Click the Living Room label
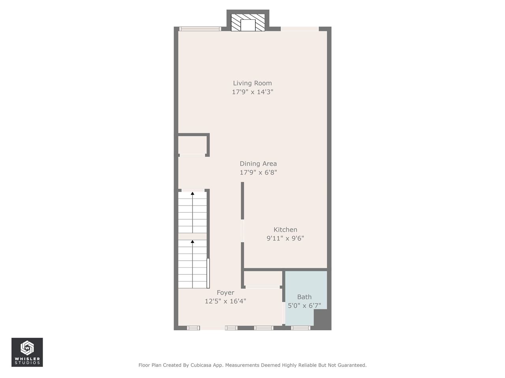tap(252, 83)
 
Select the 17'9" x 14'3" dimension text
tap(252, 92)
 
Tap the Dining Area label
tap(258, 163)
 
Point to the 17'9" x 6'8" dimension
tap(258, 172)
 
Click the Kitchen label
tap(285, 230)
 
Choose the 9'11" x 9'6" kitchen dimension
tap(285, 238)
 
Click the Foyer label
tap(225, 293)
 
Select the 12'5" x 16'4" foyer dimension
tap(225, 301)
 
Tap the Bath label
tap(304, 297)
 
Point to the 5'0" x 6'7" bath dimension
tap(304, 306)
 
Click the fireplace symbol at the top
tap(248, 23)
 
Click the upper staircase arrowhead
tap(193, 193)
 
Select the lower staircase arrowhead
tap(193, 241)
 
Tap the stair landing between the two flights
tap(192, 236)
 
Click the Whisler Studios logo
tap(27, 352)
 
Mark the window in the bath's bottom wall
tap(301, 328)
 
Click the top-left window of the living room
tap(200, 29)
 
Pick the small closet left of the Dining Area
tap(192, 145)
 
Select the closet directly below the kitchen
tap(263, 279)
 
